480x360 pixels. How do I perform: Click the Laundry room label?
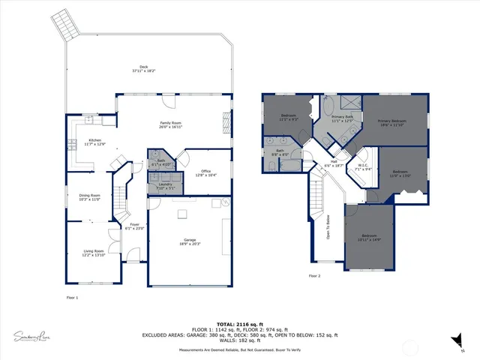166,185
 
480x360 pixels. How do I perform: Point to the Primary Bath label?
342,117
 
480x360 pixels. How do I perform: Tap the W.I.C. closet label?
362,167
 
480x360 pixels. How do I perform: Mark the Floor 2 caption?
314,276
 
